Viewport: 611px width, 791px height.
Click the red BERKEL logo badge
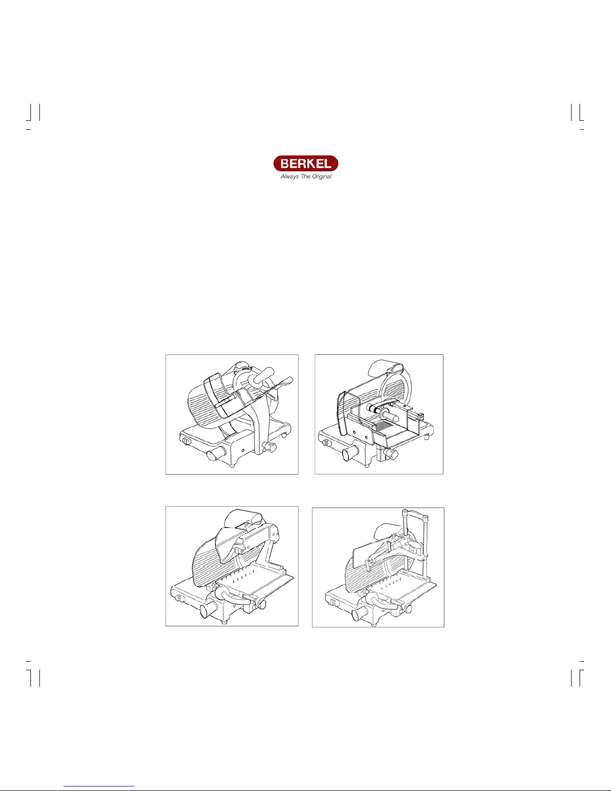[305, 164]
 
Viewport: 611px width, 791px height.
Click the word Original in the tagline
[322, 177]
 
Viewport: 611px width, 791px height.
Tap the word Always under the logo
[290, 177]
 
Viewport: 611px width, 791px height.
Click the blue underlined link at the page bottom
[99, 786]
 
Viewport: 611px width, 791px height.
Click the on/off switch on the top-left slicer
[186, 441]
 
